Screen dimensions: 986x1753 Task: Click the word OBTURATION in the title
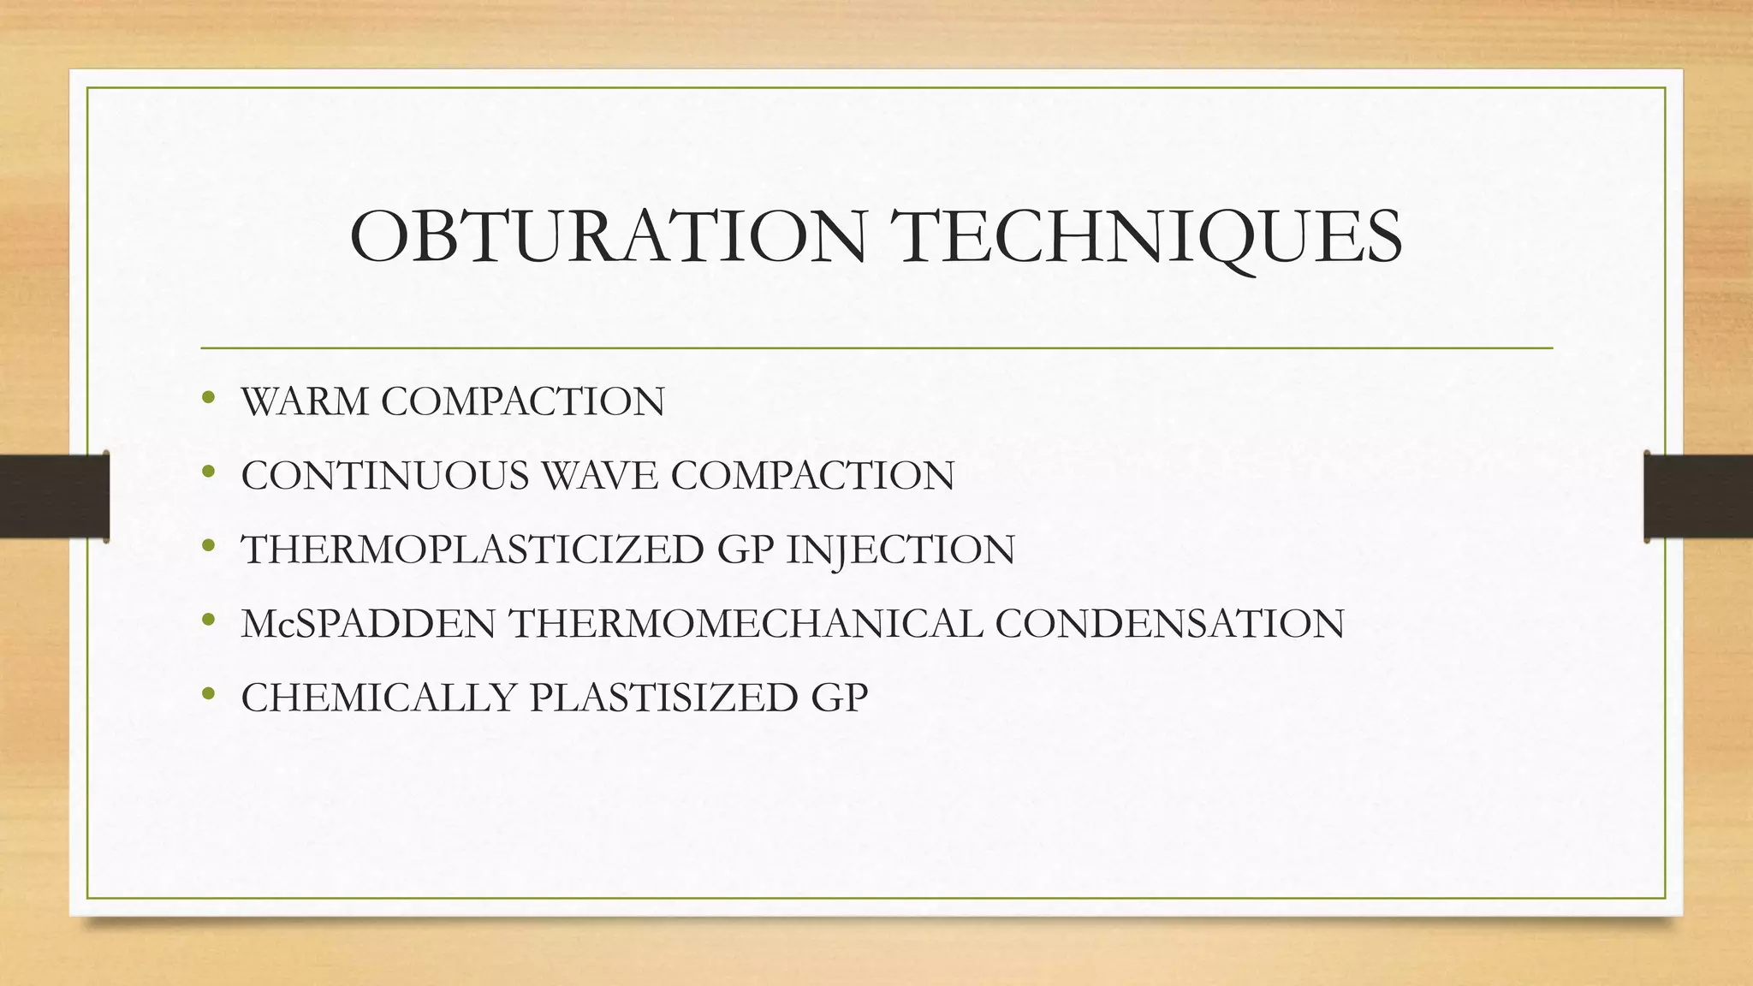(608, 237)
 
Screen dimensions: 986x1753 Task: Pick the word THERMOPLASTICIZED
(472, 549)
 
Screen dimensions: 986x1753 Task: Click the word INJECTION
(900, 549)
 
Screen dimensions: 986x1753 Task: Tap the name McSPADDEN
(368, 624)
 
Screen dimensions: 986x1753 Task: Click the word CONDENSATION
(1169, 624)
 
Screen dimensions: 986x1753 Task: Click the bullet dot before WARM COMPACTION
(208, 398)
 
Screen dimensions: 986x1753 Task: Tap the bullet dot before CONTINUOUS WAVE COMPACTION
(208, 472)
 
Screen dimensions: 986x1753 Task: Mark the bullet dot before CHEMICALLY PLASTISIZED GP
(208, 694)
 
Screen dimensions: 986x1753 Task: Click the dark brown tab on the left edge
(54, 496)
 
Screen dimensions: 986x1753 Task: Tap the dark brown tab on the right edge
(1698, 496)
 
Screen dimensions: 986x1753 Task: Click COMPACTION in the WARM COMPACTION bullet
(522, 401)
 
